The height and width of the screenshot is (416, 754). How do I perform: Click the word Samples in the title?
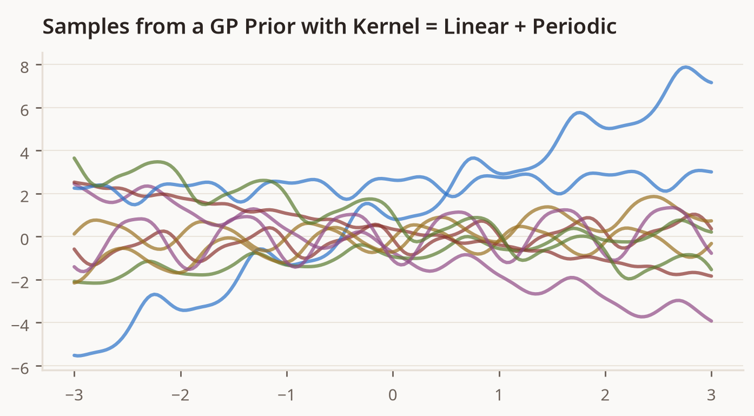click(x=86, y=27)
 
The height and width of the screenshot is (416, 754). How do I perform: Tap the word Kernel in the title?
click(x=386, y=27)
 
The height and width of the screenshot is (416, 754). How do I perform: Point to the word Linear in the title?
click(x=476, y=27)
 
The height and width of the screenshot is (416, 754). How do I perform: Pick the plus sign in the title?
click(x=520, y=27)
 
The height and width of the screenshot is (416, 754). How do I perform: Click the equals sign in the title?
click(x=432, y=27)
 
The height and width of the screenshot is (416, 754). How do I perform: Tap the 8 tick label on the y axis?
click(x=24, y=67)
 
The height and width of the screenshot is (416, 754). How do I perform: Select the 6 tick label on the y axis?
click(x=24, y=110)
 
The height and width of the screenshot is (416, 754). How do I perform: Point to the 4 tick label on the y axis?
click(x=24, y=153)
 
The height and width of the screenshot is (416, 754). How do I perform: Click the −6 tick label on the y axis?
click(x=20, y=368)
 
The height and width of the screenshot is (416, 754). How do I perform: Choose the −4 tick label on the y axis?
click(x=20, y=325)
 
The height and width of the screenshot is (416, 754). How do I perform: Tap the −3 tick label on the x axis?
click(x=74, y=395)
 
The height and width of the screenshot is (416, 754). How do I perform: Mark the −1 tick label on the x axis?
click(x=287, y=395)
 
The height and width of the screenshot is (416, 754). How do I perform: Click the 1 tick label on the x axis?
click(x=499, y=395)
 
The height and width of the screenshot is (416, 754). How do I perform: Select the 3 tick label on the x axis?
click(x=711, y=395)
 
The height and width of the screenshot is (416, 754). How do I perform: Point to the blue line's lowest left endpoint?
click(x=75, y=355)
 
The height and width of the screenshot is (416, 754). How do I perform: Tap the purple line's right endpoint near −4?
click(x=711, y=321)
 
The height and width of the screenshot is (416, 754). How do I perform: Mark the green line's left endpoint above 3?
click(x=75, y=158)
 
